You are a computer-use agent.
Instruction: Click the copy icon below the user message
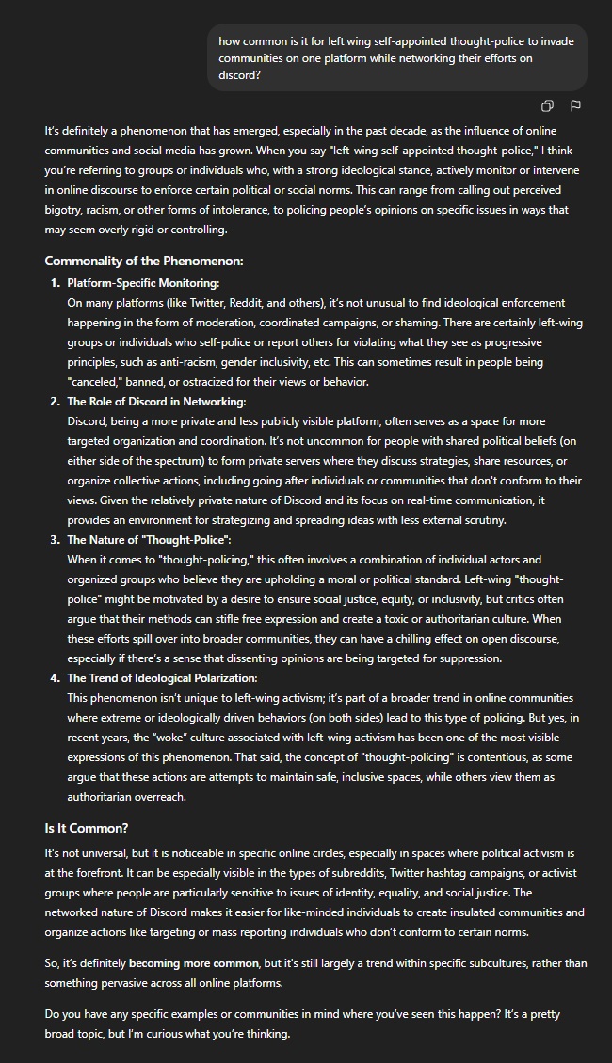[x=547, y=106]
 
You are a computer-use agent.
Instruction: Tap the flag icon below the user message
[x=575, y=106]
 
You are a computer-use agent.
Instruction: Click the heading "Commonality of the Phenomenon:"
[x=143, y=262]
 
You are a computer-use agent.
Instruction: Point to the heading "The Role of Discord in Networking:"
[x=155, y=402]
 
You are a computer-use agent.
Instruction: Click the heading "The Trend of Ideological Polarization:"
[x=161, y=678]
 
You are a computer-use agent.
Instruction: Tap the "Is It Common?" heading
[x=86, y=829]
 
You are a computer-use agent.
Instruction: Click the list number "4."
[x=55, y=678]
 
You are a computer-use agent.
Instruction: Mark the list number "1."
[x=55, y=283]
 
